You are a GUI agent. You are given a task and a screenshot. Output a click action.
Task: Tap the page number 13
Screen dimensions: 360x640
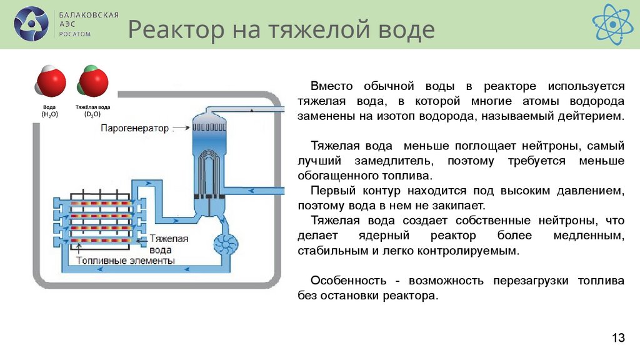coord(618,338)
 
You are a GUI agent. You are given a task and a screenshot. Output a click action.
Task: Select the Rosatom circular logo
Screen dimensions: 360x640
coord(31,24)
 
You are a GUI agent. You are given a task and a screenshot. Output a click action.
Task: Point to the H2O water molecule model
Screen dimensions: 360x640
coord(49,82)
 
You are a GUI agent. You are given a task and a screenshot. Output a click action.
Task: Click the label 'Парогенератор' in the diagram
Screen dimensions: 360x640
coord(134,128)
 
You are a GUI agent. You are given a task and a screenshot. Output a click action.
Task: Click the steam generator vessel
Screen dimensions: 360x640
coord(207,162)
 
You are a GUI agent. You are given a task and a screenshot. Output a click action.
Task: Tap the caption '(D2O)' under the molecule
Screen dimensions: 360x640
coord(92,115)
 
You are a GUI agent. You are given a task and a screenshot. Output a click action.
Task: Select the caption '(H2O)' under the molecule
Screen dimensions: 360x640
coord(49,115)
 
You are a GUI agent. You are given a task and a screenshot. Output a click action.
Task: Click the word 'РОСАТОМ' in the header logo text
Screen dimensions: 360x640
coord(75,34)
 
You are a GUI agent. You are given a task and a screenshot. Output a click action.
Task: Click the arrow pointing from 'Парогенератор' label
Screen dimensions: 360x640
coord(181,128)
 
